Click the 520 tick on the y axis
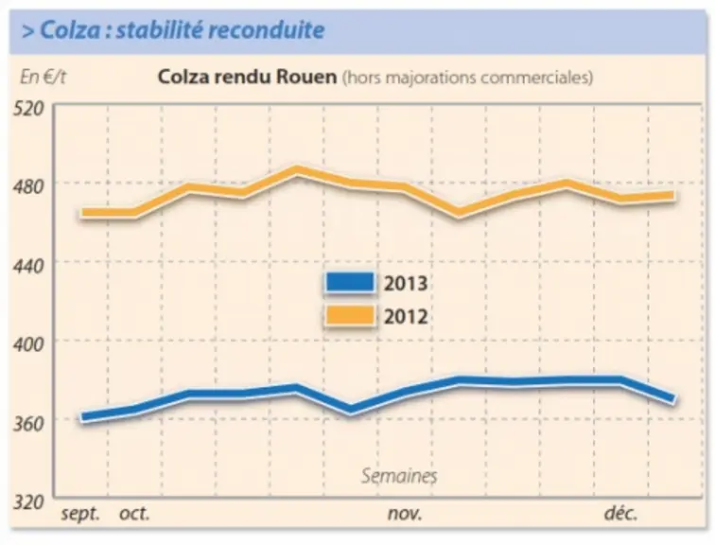coord(29,109)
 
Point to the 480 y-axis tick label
coord(29,187)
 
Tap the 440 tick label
coord(29,266)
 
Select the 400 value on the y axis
coord(29,344)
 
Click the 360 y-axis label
coord(29,424)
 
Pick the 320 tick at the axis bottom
coord(29,502)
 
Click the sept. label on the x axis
coord(80,514)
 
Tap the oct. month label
coord(134,514)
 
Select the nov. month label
coord(405,514)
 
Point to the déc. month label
coord(620,513)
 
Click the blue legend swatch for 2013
coord(350,282)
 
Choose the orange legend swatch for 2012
coord(350,316)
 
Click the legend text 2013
coord(406,283)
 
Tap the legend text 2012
coord(406,317)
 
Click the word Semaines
coord(399,476)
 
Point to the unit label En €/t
coord(43,77)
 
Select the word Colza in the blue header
coord(70,30)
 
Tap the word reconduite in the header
coord(267,30)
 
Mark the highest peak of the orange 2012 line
coord(297,170)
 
